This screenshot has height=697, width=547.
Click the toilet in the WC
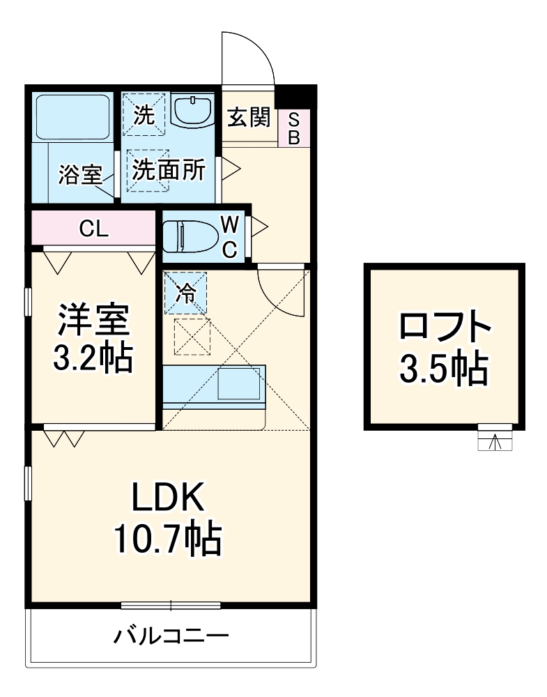click(x=190, y=236)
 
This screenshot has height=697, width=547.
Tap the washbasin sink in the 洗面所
click(x=192, y=110)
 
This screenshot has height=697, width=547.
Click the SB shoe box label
click(x=294, y=128)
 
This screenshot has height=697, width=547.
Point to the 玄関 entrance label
click(x=249, y=117)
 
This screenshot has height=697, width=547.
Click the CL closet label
click(x=94, y=229)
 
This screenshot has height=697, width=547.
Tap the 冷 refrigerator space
click(x=186, y=293)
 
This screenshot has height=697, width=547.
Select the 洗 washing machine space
click(x=144, y=115)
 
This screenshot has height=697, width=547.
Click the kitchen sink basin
click(x=238, y=383)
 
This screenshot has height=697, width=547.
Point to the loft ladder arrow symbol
click(x=494, y=442)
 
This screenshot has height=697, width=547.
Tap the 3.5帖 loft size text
click(x=444, y=369)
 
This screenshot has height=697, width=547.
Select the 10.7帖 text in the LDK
click(x=167, y=539)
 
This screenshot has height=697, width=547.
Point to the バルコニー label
click(x=171, y=636)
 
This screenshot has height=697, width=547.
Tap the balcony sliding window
click(x=171, y=605)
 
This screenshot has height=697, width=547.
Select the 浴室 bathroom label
click(x=80, y=174)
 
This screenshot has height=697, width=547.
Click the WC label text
click(x=230, y=236)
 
